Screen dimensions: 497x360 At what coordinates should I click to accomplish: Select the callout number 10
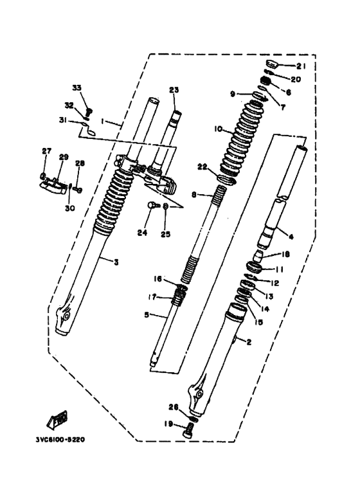click(x=218, y=129)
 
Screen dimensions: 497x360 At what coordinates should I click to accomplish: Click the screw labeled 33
click(x=89, y=111)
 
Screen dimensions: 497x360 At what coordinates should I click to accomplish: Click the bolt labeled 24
click(x=152, y=206)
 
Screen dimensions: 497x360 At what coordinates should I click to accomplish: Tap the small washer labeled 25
click(x=166, y=206)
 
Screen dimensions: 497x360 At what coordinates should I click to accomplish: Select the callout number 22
click(x=202, y=167)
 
